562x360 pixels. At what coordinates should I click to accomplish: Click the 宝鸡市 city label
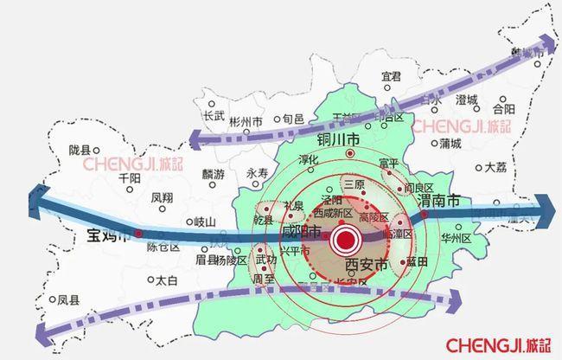(108, 235)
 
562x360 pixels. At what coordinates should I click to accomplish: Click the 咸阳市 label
(301, 234)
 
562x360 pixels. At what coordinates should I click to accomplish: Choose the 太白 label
(165, 280)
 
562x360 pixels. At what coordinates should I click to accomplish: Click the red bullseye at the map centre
(348, 239)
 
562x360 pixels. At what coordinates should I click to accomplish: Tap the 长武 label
(214, 114)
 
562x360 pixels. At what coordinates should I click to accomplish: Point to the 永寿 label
(258, 173)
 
